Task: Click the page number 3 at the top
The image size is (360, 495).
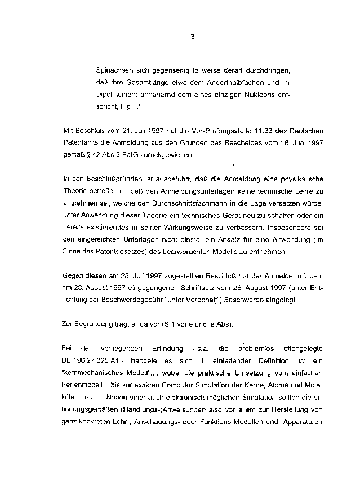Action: click(x=192, y=37)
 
